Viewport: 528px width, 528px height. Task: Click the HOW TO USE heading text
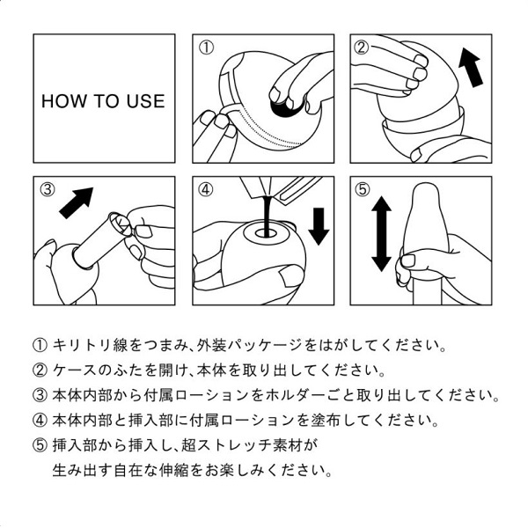[103, 101]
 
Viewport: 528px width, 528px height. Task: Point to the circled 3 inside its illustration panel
[48, 189]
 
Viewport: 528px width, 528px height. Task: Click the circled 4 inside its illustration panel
[206, 189]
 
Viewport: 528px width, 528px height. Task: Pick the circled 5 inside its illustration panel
[362, 189]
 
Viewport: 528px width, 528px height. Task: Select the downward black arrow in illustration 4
[319, 225]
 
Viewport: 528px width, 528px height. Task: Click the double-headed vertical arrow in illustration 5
[381, 233]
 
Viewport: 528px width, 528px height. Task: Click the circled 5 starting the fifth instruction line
[39, 444]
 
